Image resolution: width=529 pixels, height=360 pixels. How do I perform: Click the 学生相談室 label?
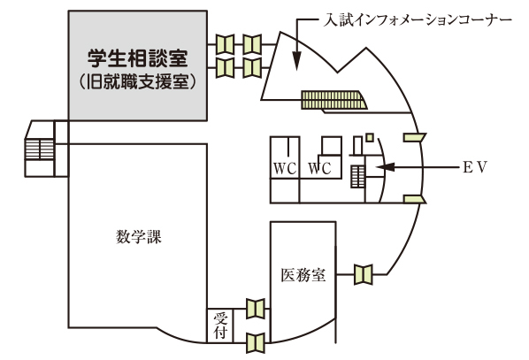coord(138,58)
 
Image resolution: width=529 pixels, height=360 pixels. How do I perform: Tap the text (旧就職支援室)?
coord(138,82)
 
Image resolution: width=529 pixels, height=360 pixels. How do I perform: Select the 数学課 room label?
coord(139,236)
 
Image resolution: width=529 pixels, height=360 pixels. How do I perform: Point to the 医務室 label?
coord(303,275)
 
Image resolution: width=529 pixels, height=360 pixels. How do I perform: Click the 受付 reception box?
coord(220,326)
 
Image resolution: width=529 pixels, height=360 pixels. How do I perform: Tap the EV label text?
coord(475,167)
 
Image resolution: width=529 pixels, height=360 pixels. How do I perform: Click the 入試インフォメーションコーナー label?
coord(418,20)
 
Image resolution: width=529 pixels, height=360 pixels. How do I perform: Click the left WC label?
coord(285,169)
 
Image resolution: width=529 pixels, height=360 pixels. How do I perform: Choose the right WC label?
coord(320,169)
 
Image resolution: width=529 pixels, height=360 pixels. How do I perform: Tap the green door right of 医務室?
coord(364,274)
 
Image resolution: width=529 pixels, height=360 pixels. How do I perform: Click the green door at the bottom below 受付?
coord(256,343)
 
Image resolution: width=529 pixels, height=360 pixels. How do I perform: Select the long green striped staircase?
coord(333,100)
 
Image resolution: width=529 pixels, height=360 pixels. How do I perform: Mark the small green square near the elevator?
coord(370,137)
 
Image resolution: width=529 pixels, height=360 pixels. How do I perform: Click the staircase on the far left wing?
coord(40,149)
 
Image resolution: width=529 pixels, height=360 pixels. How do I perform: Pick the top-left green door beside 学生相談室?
coord(225,44)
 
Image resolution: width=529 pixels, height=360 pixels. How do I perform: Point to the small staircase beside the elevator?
coord(357,176)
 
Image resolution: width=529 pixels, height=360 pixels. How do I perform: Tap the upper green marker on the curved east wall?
coord(415,137)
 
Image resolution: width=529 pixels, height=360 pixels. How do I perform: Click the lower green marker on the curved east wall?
coord(415,199)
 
